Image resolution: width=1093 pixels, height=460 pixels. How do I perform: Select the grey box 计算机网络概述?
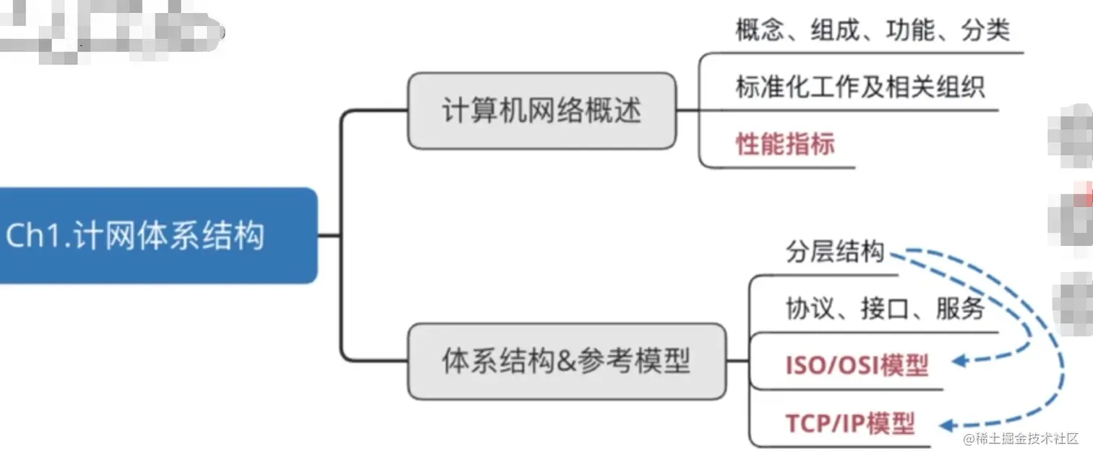541,111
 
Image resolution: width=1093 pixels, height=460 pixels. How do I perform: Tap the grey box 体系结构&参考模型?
566,361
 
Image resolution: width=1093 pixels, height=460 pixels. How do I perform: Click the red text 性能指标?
785,143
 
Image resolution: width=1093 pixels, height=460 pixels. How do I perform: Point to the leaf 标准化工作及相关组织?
860,87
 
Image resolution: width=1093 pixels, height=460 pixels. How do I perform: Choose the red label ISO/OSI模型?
857,365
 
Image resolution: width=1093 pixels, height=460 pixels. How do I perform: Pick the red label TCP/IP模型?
850,422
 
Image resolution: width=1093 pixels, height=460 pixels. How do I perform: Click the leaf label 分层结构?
834,252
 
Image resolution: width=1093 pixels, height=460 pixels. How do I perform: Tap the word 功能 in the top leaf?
910,30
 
